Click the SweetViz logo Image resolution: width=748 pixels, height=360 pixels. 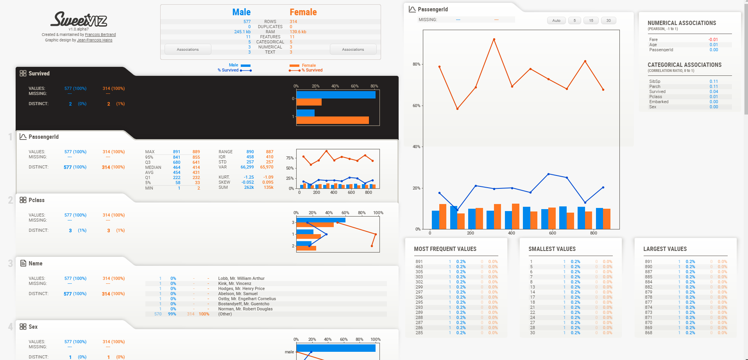tap(79, 20)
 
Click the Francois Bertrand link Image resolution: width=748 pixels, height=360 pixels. tap(100, 35)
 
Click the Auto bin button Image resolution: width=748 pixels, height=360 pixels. tap(556, 21)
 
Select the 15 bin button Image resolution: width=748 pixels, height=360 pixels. tap(591, 21)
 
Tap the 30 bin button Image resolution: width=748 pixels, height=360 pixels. tap(608, 21)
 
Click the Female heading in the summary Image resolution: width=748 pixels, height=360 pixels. tap(303, 12)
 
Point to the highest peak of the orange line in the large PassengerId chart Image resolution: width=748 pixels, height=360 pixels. tap(494, 39)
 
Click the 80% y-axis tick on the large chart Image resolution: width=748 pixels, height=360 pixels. tap(416, 64)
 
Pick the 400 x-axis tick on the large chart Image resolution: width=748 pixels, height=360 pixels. tap(511, 233)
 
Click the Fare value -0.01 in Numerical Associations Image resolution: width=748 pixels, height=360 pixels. tap(713, 39)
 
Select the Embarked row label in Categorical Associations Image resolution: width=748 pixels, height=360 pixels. tap(659, 102)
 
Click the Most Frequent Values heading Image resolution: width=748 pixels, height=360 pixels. tap(445, 249)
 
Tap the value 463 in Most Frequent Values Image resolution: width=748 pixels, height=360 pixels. tap(419, 267)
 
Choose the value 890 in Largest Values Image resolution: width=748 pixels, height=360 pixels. tap(648, 267)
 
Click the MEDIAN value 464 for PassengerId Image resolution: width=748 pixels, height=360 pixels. tap(177, 167)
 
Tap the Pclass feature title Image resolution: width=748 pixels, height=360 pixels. tap(36, 200)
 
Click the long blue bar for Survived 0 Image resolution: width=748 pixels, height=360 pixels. tap(336, 95)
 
